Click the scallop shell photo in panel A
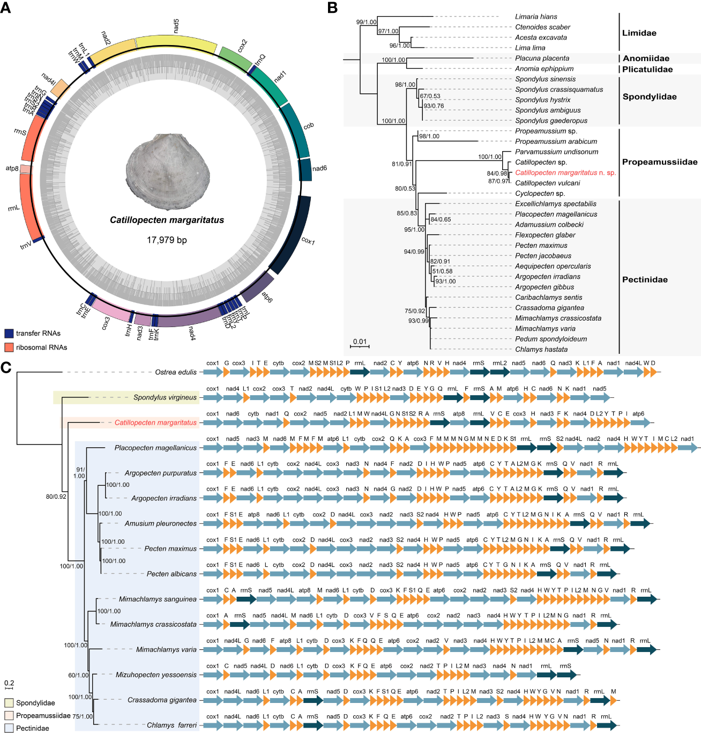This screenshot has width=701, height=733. click(x=167, y=170)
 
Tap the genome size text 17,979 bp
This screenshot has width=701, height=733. click(x=167, y=240)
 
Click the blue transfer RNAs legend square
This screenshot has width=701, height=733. click(x=9, y=334)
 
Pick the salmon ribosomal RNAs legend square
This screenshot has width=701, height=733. click(x=9, y=347)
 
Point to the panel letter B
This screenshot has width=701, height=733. click(x=332, y=8)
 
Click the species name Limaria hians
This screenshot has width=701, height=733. click(x=536, y=17)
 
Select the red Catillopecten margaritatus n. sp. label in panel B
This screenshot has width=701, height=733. click(x=565, y=173)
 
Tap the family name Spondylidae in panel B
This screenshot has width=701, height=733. click(x=649, y=97)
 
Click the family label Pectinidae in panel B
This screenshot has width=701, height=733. click(x=645, y=280)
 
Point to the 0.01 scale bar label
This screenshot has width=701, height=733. click(x=360, y=342)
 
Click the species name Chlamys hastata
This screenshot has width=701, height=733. click(x=541, y=350)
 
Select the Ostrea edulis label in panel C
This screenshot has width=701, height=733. click(x=176, y=372)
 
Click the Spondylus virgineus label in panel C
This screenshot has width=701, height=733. click(x=165, y=397)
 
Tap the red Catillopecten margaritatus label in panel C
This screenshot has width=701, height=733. click(x=155, y=423)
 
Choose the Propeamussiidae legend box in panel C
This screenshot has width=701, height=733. click(x=9, y=715)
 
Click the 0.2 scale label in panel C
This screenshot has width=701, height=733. click(x=9, y=683)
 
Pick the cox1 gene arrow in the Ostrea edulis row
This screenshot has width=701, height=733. click(x=213, y=372)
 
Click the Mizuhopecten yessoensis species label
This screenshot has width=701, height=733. click(x=156, y=675)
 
